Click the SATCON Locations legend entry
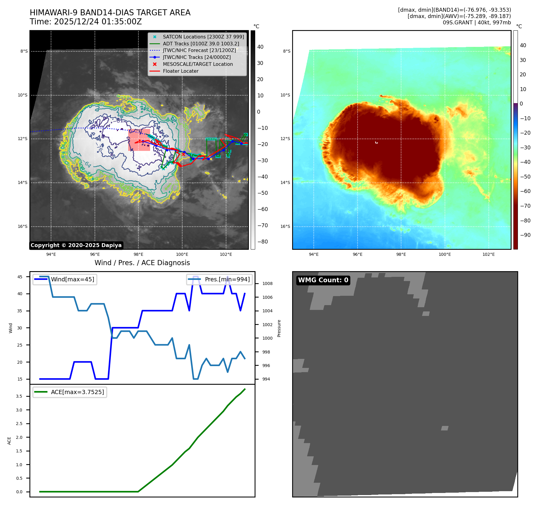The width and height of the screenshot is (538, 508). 203,37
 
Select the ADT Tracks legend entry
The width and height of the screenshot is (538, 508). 201,44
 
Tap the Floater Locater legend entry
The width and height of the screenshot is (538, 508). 180,71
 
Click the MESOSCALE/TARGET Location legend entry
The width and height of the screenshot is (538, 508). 198,64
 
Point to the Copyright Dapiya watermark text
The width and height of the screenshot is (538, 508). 76,245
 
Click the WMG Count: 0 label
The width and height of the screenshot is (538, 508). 323,280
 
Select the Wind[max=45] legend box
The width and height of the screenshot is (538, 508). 65,280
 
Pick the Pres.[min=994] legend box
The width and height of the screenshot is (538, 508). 219,280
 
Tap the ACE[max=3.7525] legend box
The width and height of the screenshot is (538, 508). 70,392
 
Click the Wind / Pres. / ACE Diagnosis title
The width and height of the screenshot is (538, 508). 142,263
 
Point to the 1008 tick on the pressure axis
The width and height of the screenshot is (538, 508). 267,283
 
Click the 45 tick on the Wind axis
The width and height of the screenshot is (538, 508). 20,277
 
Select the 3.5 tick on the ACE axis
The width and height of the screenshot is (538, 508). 19,396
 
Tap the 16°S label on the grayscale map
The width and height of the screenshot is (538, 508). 23,227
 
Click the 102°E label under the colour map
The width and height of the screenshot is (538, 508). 488,255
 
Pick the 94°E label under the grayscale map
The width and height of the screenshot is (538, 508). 51,255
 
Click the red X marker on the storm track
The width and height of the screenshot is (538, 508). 183,154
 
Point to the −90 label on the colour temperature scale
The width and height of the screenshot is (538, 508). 525,235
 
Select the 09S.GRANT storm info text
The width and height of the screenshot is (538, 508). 476,23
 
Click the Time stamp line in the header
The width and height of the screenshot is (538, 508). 86,22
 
